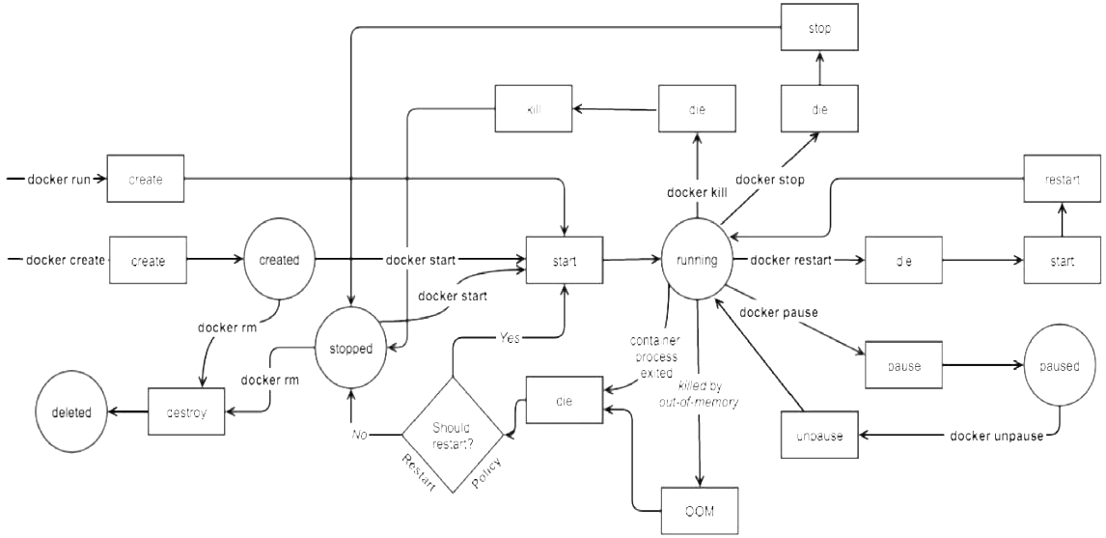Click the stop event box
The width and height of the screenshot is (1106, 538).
[x=819, y=29]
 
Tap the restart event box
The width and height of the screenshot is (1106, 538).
[x=1063, y=180]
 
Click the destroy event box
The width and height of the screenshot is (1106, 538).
[x=186, y=412]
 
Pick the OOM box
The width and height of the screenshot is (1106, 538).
[x=699, y=511]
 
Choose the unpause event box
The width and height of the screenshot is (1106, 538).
[x=818, y=436]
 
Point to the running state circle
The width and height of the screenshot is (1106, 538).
[x=697, y=260]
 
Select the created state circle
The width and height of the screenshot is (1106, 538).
[x=281, y=260]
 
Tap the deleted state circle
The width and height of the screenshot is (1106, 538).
[x=72, y=412]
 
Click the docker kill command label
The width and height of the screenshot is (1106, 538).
[x=696, y=192]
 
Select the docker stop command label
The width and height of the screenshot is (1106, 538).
[x=769, y=180]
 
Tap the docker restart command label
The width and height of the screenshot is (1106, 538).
[x=791, y=260]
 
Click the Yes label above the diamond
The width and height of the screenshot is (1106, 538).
[x=511, y=339]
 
